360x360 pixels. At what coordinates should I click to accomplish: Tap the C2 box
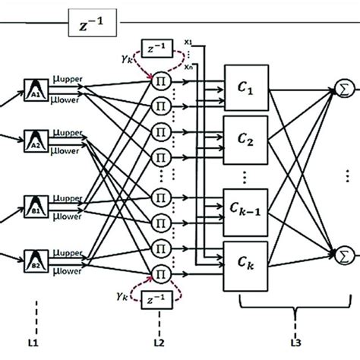coord(246,139)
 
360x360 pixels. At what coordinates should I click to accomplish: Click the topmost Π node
coord(161,81)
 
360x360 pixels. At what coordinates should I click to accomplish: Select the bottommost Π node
coord(161,273)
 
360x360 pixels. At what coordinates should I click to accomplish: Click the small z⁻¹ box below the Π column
coord(161,305)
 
